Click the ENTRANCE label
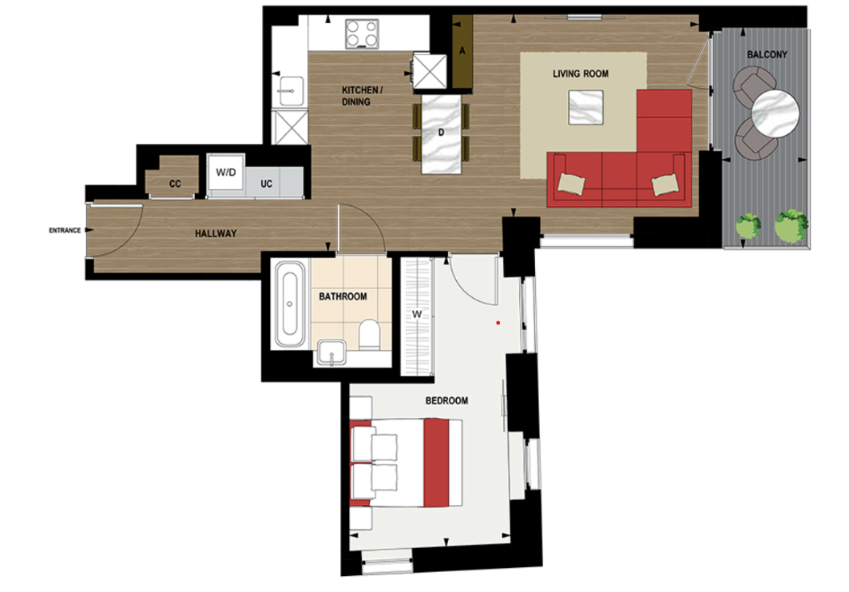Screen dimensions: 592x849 [64, 231]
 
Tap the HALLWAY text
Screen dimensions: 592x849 [216, 234]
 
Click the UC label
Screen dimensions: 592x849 [267, 184]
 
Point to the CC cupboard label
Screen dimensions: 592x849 [175, 184]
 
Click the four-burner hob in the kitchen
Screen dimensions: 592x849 [363, 34]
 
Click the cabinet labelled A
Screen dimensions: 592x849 [462, 51]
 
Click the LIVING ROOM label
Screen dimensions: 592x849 [581, 74]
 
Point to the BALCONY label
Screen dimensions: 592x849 [767, 55]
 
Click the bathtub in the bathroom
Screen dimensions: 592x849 [288, 306]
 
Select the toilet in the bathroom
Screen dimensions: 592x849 [370, 335]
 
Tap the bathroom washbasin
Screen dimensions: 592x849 [330, 352]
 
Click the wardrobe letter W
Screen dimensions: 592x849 [417, 314]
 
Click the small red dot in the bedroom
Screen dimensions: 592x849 [498, 324]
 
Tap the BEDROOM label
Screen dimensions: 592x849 [446, 400]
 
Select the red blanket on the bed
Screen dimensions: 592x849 [436, 463]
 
